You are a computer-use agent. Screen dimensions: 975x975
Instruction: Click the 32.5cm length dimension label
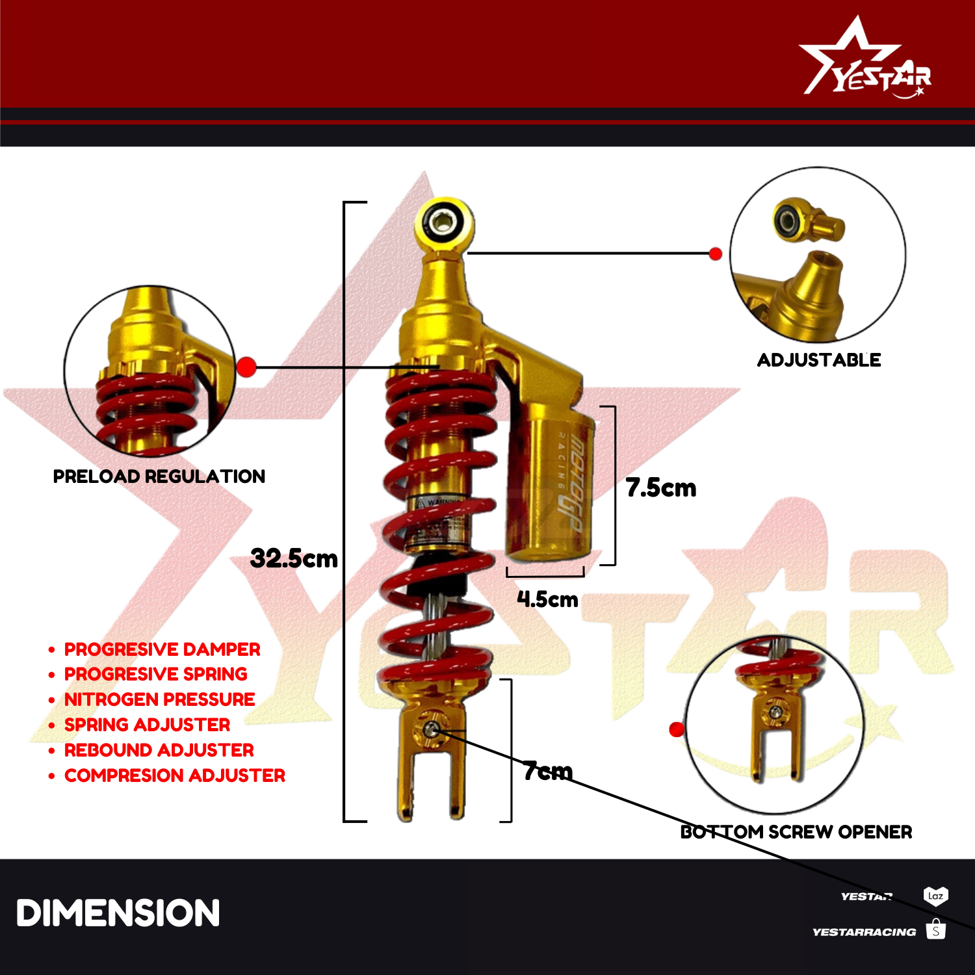pyautogui.click(x=294, y=558)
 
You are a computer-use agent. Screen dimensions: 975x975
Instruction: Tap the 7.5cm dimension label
pyautogui.click(x=660, y=487)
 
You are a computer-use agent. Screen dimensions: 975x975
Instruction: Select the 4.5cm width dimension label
pyautogui.click(x=547, y=599)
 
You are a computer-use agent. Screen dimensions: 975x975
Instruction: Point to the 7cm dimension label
pyautogui.click(x=547, y=771)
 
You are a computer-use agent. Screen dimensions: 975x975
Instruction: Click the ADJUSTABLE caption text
pyautogui.click(x=818, y=360)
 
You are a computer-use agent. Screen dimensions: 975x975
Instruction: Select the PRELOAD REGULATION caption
pyautogui.click(x=159, y=476)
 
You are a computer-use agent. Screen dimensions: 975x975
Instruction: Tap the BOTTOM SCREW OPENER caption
pyautogui.click(x=796, y=832)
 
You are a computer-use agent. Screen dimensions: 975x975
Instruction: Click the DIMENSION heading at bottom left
pyautogui.click(x=118, y=913)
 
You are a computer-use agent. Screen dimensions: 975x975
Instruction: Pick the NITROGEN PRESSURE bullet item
pyautogui.click(x=159, y=699)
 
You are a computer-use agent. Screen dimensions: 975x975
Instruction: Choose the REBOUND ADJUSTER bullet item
pyautogui.click(x=159, y=750)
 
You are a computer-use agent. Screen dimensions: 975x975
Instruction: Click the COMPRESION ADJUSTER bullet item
pyautogui.click(x=174, y=775)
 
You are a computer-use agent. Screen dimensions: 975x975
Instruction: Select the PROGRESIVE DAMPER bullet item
pyautogui.click(x=162, y=649)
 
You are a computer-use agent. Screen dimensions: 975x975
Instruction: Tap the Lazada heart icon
pyautogui.click(x=935, y=896)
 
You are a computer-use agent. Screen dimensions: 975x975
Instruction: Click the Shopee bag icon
pyautogui.click(x=935, y=929)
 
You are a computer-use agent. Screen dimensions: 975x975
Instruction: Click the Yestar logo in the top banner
pyautogui.click(x=864, y=62)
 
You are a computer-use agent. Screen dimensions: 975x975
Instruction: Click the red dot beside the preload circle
pyautogui.click(x=246, y=367)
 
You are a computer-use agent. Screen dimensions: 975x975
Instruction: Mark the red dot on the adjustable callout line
pyautogui.click(x=715, y=253)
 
